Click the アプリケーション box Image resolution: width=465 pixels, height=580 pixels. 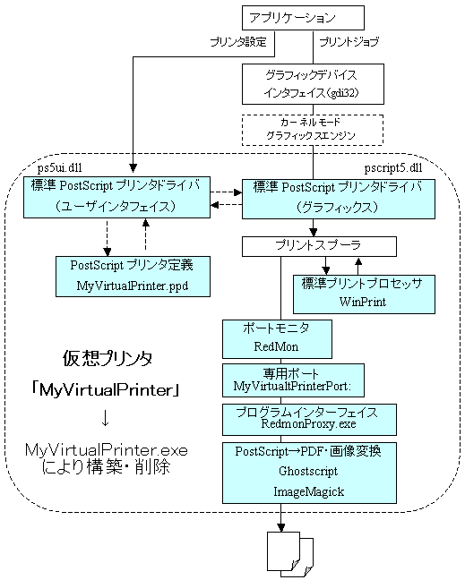pyautogui.click(x=303, y=18)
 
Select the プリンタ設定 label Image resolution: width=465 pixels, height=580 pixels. pyautogui.click(x=238, y=42)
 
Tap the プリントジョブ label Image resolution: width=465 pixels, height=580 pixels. pyautogui.click(x=349, y=42)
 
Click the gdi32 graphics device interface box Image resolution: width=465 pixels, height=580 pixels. pyautogui.click(x=313, y=84)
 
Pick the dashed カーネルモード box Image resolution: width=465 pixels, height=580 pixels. pyautogui.click(x=313, y=130)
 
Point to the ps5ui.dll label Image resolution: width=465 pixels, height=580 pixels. pyautogui.click(x=60, y=168)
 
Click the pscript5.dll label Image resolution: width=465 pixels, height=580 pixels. pyautogui.click(x=393, y=168)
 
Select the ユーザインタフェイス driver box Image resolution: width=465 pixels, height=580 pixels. pyautogui.click(x=116, y=197)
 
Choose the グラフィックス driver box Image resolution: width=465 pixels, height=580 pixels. pyautogui.click(x=339, y=199)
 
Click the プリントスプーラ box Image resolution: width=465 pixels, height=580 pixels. pyautogui.click(x=319, y=247)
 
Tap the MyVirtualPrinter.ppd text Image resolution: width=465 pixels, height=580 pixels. pyautogui.click(x=133, y=286)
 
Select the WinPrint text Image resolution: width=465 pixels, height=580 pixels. pyautogui.click(x=363, y=302)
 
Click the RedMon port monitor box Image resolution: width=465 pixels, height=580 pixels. pyautogui.click(x=277, y=339)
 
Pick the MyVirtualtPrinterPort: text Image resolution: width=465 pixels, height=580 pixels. pyautogui.click(x=292, y=387)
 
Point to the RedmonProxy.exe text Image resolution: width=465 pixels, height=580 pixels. pyautogui.click(x=308, y=424)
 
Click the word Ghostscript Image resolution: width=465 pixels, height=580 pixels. pyautogui.click(x=308, y=471)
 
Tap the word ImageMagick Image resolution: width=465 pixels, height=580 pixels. pyautogui.click(x=309, y=492)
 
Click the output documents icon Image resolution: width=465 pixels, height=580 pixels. pyautogui.click(x=290, y=554)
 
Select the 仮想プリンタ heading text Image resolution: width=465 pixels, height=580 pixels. pyautogui.click(x=108, y=359)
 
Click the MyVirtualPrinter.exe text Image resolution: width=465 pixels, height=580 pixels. pyautogui.click(x=107, y=450)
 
